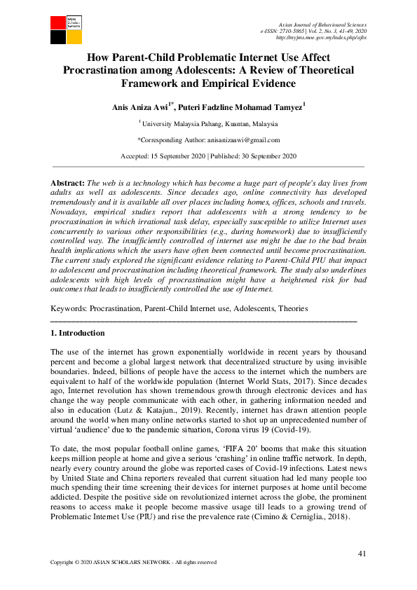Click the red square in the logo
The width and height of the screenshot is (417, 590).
click(x=57, y=22)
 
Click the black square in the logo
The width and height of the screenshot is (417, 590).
click(x=57, y=37)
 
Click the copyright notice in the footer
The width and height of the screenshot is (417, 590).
click(x=133, y=562)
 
